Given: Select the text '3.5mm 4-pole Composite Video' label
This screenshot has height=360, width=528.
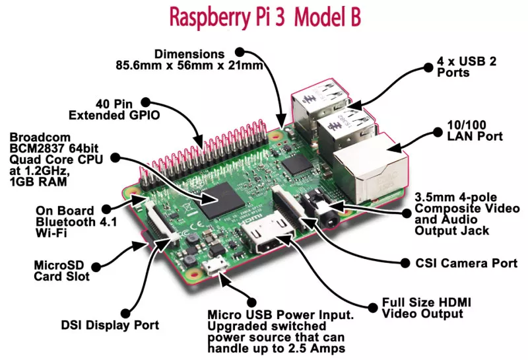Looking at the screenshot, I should pyautogui.click(x=455, y=204).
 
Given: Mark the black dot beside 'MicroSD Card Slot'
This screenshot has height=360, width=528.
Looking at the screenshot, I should pyautogui.click(x=97, y=267).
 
